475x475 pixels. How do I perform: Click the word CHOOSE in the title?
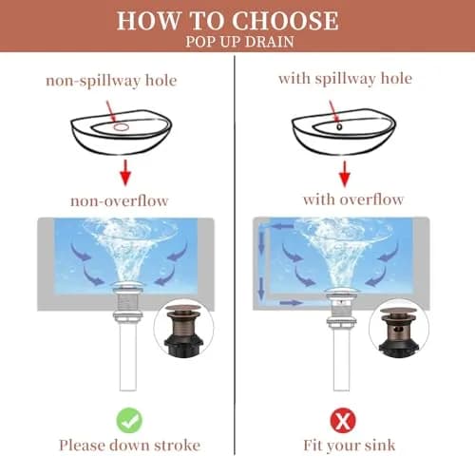click(x=285, y=21)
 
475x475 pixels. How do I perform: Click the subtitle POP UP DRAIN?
click(x=239, y=42)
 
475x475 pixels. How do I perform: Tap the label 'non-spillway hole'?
click(x=111, y=81)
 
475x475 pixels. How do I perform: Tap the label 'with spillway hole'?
click(x=345, y=79)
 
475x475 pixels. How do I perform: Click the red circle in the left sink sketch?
click(x=122, y=127)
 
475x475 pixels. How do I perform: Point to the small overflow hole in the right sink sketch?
click(x=339, y=126)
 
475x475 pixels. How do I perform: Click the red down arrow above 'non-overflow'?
click(x=125, y=173)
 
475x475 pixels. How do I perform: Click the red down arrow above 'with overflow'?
click(x=345, y=174)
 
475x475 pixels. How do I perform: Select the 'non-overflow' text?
click(x=119, y=201)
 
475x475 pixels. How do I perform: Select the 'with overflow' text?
click(x=353, y=199)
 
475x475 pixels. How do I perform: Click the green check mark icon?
click(x=129, y=421)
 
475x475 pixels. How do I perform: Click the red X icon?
click(x=343, y=421)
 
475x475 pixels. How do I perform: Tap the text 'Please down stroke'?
click(x=130, y=446)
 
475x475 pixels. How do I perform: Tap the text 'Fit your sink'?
click(x=350, y=446)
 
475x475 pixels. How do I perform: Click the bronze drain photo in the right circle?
click(x=399, y=330)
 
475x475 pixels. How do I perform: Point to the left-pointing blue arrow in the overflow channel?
click(x=283, y=226)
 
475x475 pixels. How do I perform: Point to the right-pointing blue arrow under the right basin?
click(x=291, y=303)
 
